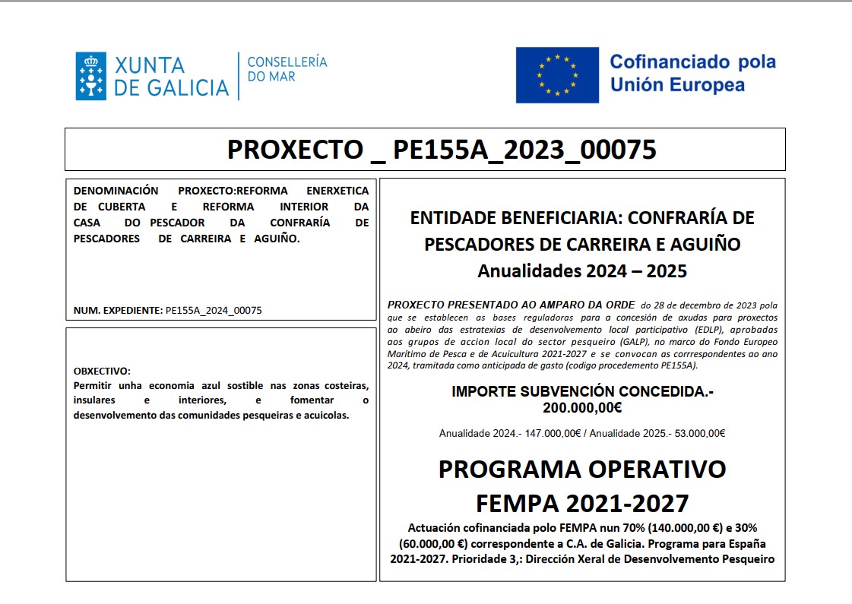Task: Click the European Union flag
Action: [557, 75]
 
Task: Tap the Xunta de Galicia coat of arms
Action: [90, 76]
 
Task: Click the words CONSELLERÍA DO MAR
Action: [287, 69]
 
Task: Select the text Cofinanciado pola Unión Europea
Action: [692, 73]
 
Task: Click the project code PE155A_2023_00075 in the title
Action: [524, 150]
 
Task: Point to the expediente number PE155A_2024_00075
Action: [214, 311]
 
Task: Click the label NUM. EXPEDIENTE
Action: [118, 311]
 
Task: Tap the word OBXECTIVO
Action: [102, 372]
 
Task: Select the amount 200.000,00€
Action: [582, 408]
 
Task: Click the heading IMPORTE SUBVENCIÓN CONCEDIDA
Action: [582, 392]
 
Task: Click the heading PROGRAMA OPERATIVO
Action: [582, 470]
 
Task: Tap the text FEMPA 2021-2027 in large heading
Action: [582, 503]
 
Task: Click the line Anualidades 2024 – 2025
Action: [582, 270]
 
